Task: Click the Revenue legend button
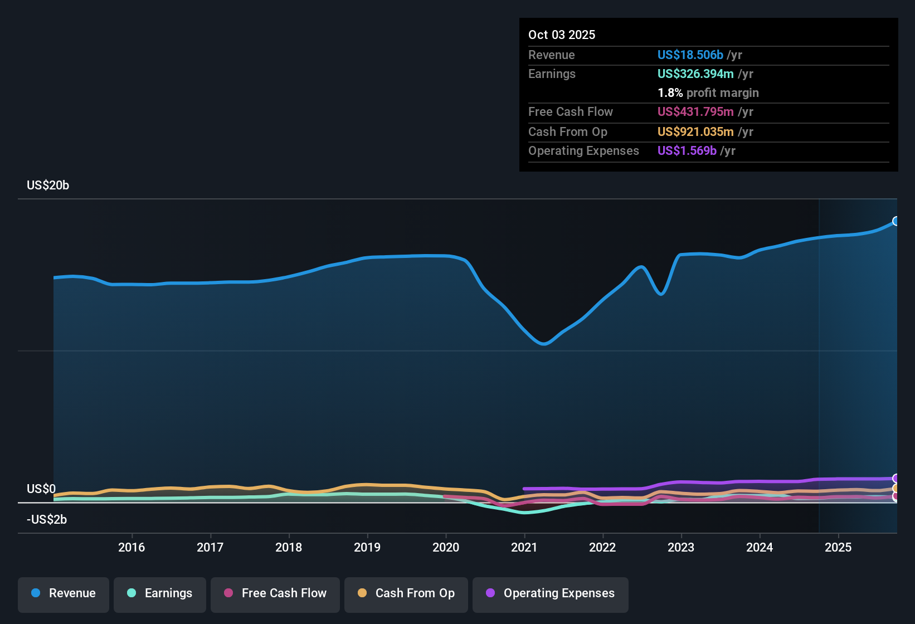pyautogui.click(x=64, y=593)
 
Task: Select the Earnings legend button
pyautogui.click(x=160, y=593)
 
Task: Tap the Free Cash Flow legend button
pyautogui.click(x=275, y=593)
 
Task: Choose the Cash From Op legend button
pyautogui.click(x=406, y=593)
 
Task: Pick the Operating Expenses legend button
pyautogui.click(x=551, y=593)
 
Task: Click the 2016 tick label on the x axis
pyautogui.click(x=132, y=548)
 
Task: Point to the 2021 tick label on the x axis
pyautogui.click(x=524, y=548)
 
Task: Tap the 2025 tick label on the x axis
pyautogui.click(x=838, y=548)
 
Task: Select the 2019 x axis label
pyautogui.click(x=367, y=548)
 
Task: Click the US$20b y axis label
pyautogui.click(x=48, y=186)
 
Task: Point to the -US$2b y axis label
pyautogui.click(x=47, y=520)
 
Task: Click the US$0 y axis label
pyautogui.click(x=41, y=489)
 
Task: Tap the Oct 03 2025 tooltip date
pyautogui.click(x=562, y=35)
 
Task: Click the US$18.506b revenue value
pyautogui.click(x=690, y=55)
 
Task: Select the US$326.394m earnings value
pyautogui.click(x=695, y=74)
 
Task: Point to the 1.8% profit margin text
pyautogui.click(x=708, y=93)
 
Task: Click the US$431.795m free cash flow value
pyautogui.click(x=695, y=112)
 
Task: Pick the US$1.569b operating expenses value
pyautogui.click(x=687, y=151)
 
